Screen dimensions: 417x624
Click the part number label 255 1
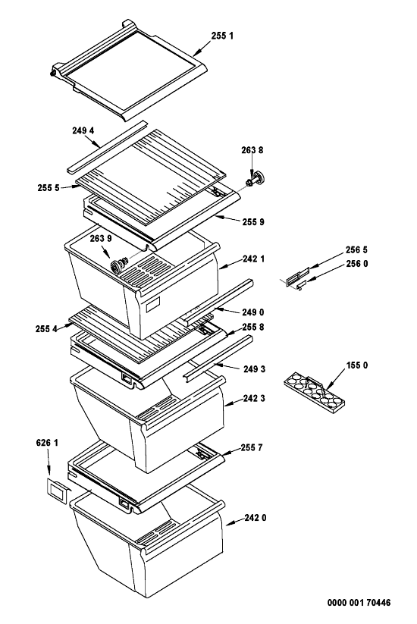coord(222,36)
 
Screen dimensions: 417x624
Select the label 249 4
coord(83,130)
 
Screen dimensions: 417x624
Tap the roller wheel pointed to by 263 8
coord(257,179)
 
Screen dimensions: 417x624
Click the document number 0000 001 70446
coord(359,603)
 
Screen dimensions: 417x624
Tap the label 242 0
coord(256,518)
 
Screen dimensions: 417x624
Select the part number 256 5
coord(356,250)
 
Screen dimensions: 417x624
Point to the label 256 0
coord(357,263)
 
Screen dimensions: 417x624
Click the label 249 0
coord(253,312)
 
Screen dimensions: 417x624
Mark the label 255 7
coord(252,447)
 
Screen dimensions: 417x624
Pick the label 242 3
coord(254,398)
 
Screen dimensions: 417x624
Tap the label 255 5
coord(49,188)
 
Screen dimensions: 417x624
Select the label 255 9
coord(253,221)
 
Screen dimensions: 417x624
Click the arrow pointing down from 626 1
coord(49,462)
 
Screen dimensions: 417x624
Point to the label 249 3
coord(255,369)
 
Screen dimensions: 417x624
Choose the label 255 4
coord(46,329)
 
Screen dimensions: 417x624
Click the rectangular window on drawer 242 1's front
coord(153,305)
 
